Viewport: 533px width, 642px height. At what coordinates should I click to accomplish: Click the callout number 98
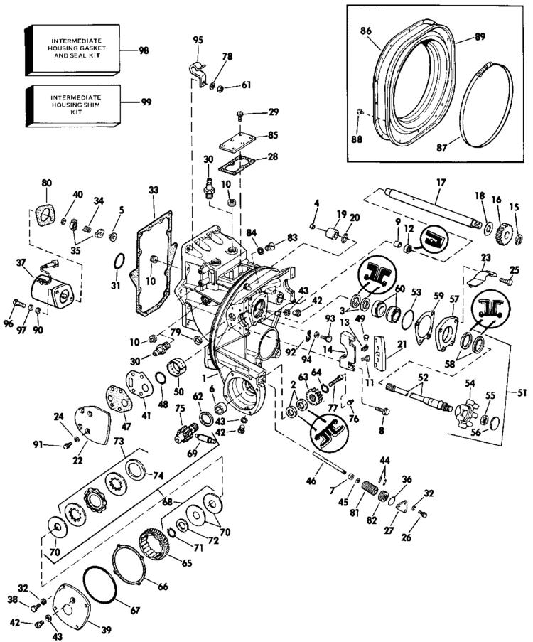[144, 50]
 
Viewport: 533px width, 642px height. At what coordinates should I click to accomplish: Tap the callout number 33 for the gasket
[154, 190]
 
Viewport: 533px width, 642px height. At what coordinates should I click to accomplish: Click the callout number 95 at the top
[198, 38]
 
